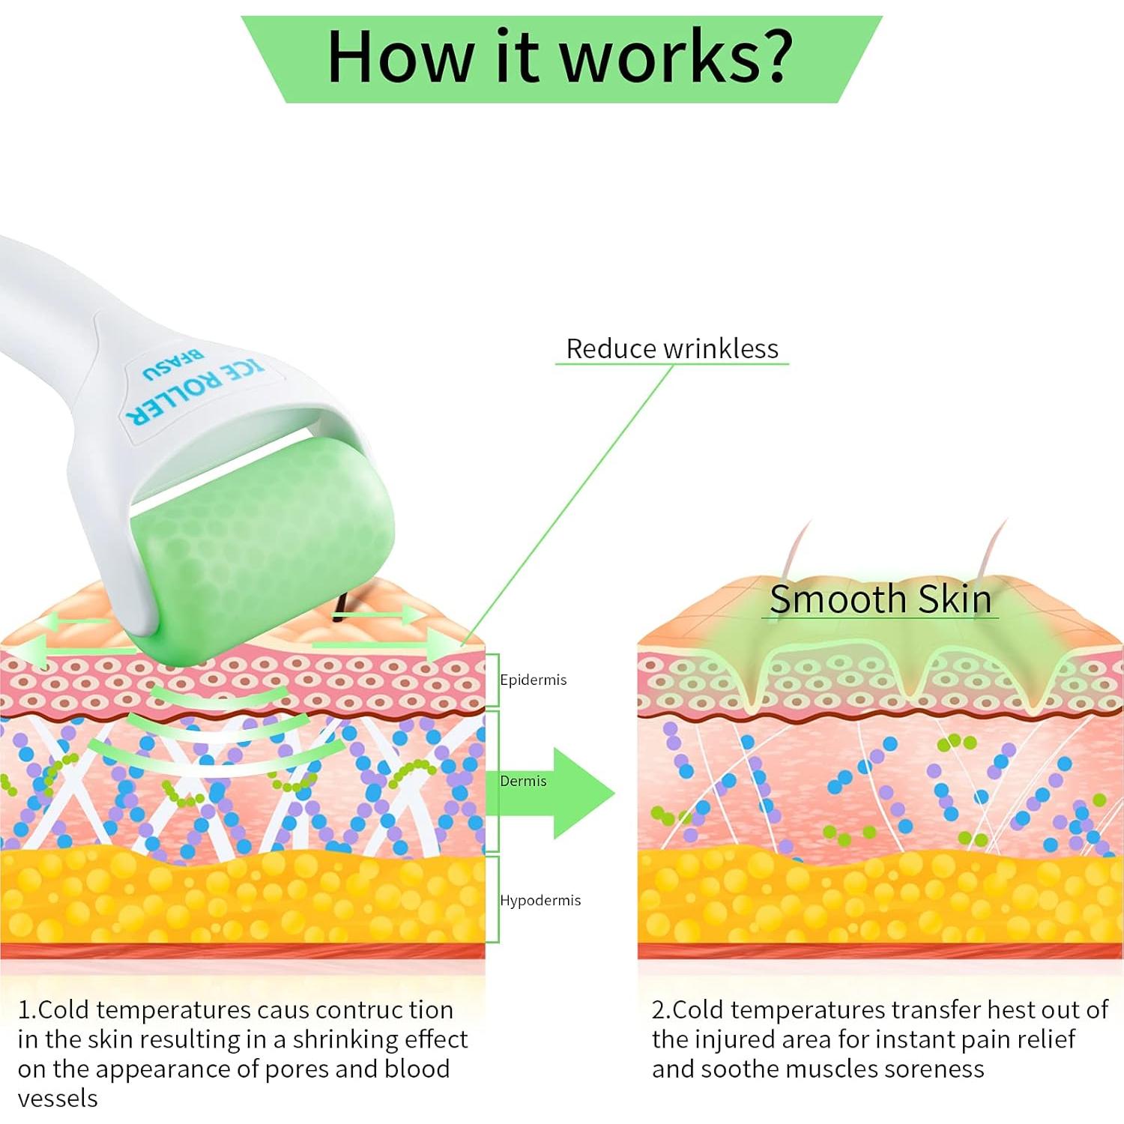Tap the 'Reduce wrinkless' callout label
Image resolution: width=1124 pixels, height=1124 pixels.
tap(672, 348)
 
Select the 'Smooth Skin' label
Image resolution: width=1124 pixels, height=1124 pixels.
tap(880, 599)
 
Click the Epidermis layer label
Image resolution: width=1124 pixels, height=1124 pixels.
tap(533, 680)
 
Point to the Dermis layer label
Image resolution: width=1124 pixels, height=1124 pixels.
tap(523, 781)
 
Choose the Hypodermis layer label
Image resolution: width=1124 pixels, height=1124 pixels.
tap(540, 900)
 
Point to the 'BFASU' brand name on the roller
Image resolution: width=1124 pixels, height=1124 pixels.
tap(172, 363)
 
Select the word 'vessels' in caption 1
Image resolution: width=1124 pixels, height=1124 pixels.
tap(58, 1099)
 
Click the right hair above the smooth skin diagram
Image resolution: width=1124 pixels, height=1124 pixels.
tap(994, 551)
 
